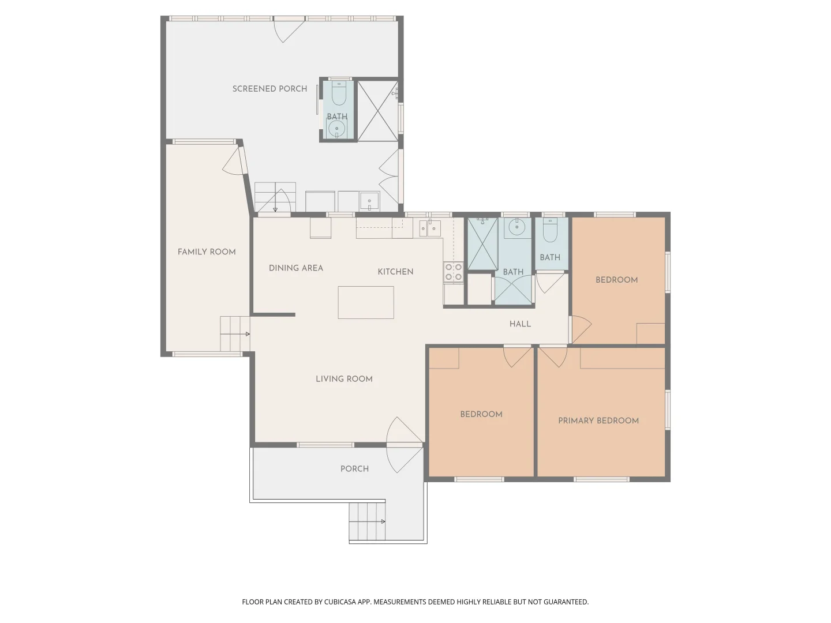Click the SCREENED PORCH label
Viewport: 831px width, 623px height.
point(269,89)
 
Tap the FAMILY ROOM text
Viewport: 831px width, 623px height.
point(207,252)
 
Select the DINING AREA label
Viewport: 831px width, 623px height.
point(296,268)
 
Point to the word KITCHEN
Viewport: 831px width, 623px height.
point(395,272)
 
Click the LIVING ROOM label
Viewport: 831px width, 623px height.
point(344,379)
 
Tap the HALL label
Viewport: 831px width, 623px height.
point(520,324)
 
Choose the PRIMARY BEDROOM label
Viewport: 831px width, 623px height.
point(598,421)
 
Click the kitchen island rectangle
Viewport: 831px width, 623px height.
point(366,302)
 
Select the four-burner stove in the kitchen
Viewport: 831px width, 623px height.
point(454,272)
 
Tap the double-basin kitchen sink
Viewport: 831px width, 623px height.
point(430,228)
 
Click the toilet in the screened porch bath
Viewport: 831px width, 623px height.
point(339,93)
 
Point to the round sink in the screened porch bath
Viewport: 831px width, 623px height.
point(337,129)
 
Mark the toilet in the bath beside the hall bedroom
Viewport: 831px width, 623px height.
point(550,231)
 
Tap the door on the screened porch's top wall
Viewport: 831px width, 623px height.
point(288,29)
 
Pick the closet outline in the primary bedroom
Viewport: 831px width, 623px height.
point(623,358)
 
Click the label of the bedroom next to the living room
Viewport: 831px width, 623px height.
point(481,414)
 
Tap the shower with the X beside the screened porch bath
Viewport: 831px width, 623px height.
point(378,111)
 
